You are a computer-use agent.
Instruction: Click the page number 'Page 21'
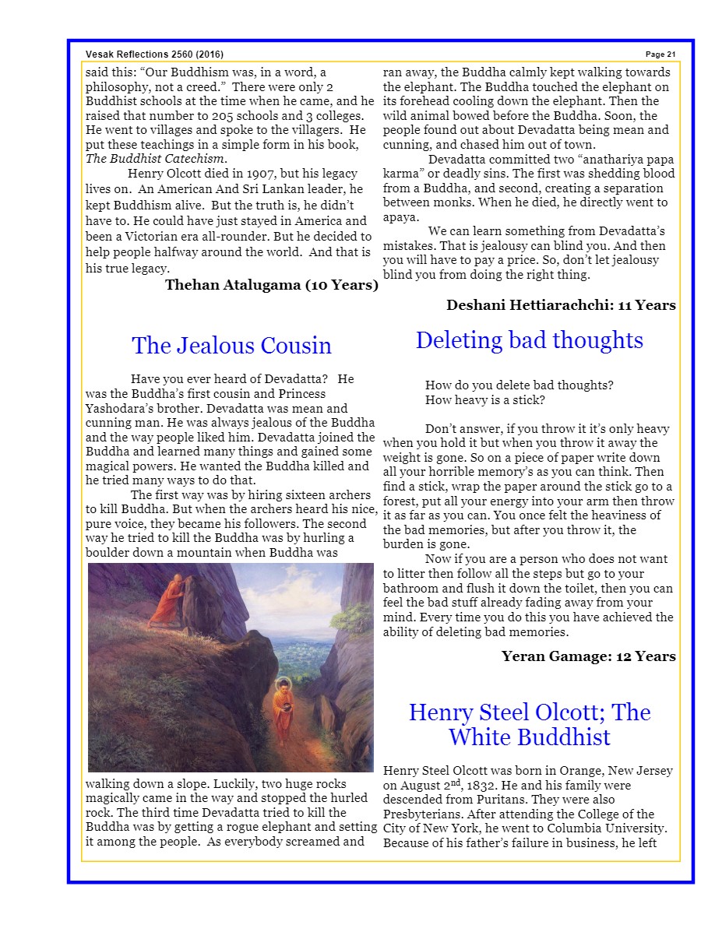click(x=660, y=54)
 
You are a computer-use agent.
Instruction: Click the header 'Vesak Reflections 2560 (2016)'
click(x=154, y=54)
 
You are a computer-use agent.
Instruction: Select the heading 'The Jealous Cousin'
click(x=231, y=345)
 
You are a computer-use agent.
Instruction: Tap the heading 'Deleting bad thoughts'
click(x=529, y=339)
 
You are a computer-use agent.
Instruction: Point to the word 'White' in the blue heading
click(x=484, y=737)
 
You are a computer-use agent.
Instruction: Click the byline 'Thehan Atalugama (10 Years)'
click(x=271, y=285)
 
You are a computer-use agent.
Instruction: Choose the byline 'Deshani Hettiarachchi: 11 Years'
click(x=561, y=305)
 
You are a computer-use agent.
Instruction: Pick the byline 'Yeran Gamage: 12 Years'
click(x=588, y=656)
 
